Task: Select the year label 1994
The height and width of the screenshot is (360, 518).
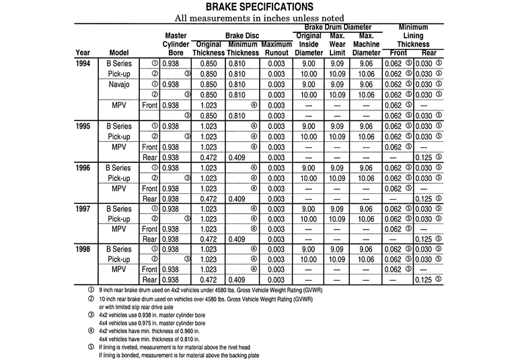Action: point(83,63)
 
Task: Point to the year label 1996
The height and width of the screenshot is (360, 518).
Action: point(83,168)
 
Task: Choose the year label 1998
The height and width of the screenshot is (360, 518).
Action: point(83,249)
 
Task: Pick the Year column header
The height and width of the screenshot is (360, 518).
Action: point(83,52)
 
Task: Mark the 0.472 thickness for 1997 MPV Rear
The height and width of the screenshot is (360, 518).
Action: point(209,239)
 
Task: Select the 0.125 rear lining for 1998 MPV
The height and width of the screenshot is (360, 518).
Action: point(424,280)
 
